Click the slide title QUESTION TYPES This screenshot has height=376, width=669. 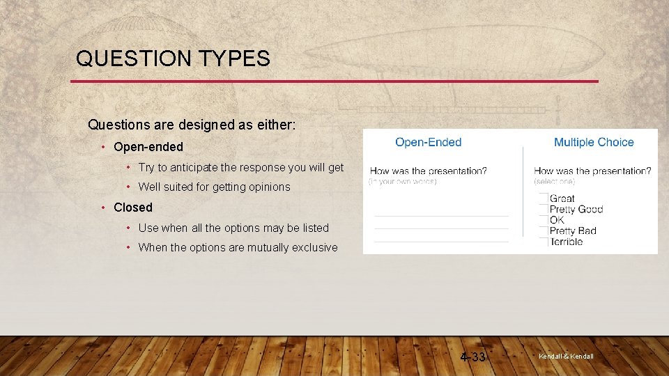click(173, 58)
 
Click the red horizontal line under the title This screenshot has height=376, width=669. click(334, 81)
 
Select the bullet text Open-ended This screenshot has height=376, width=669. click(148, 147)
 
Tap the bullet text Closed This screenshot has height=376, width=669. click(132, 207)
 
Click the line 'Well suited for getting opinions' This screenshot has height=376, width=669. click(214, 187)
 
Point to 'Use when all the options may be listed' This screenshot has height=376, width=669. click(233, 228)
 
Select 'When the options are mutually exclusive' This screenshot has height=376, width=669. click(238, 247)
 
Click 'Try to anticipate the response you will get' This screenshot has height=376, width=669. click(240, 167)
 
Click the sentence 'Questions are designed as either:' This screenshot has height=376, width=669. click(192, 125)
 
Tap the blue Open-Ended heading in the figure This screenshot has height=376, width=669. click(428, 142)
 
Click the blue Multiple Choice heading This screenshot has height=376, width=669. click(594, 142)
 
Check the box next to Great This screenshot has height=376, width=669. click(544, 198)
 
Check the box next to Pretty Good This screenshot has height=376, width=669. click(544, 209)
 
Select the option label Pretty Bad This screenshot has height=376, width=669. click(573, 230)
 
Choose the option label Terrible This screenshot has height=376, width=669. click(566, 242)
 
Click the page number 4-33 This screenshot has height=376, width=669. click(473, 357)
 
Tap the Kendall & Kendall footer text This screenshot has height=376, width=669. click(566, 357)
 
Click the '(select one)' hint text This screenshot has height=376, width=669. click(555, 181)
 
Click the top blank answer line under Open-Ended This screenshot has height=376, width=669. click(441, 216)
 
